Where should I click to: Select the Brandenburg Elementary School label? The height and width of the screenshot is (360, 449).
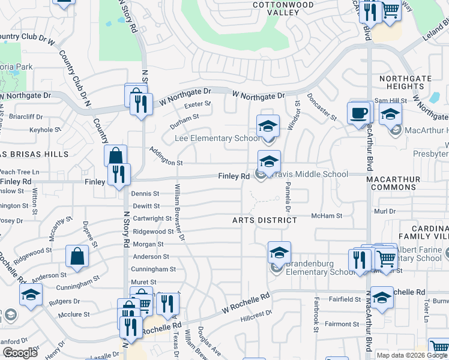(x=321, y=268)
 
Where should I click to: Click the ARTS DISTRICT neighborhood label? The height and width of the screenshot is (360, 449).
(x=265, y=220)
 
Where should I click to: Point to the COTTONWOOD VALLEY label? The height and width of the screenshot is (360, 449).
(x=276, y=8)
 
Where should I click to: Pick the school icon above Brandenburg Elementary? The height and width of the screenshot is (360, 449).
(x=279, y=253)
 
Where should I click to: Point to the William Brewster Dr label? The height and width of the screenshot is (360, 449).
(x=179, y=214)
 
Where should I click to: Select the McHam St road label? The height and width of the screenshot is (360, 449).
(x=327, y=216)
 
